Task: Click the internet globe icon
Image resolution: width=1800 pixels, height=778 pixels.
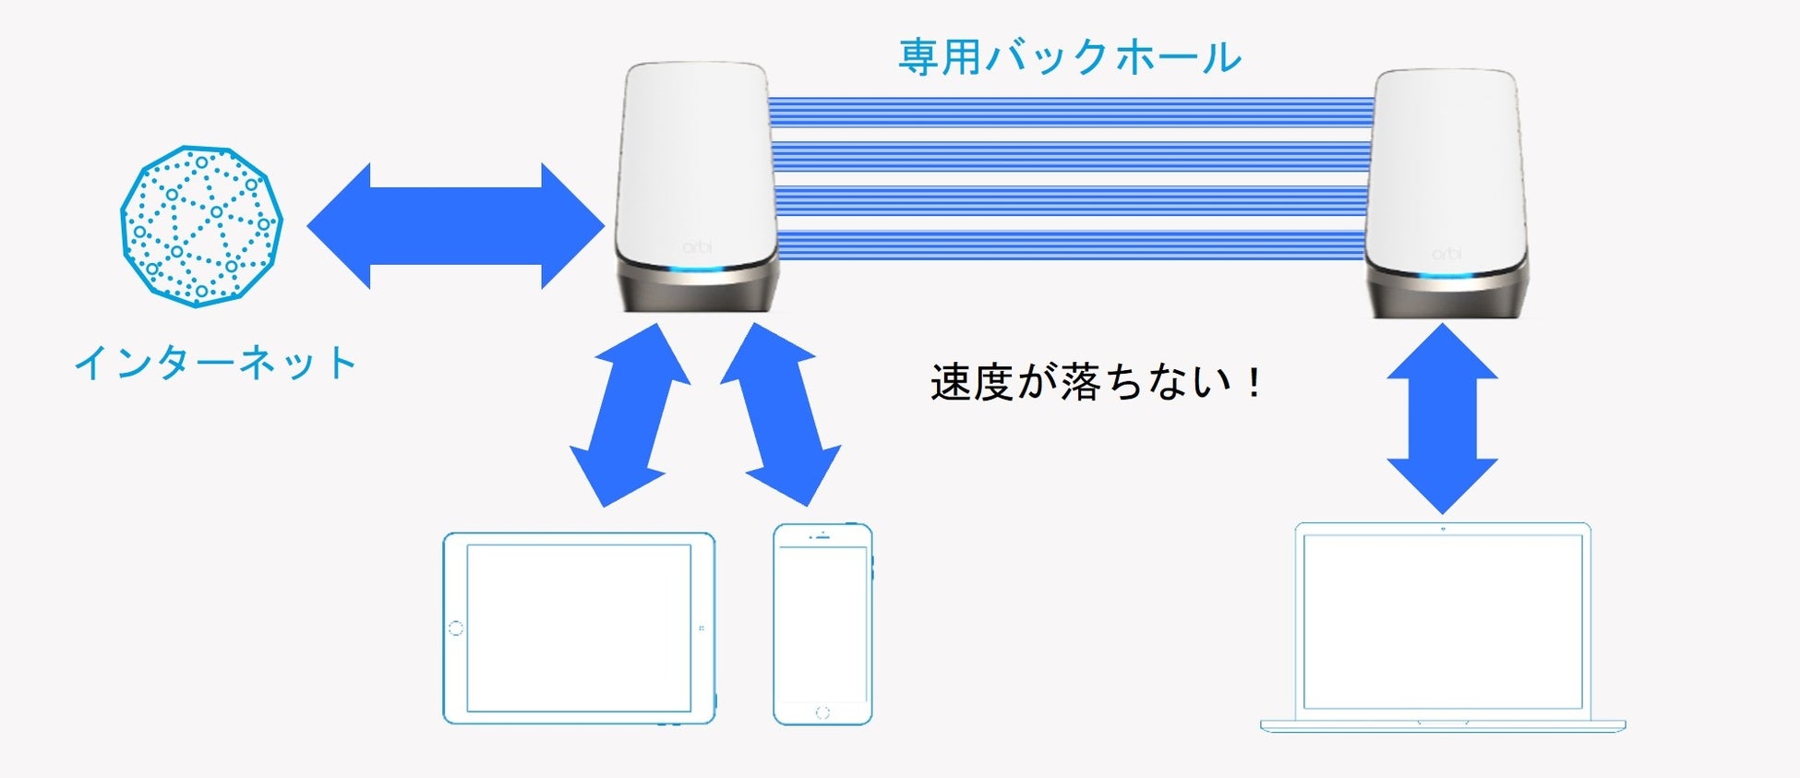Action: pyautogui.click(x=201, y=226)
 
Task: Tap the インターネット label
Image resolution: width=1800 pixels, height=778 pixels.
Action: pyautogui.click(x=215, y=363)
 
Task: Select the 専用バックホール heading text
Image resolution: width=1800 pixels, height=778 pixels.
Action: pyautogui.click(x=1070, y=57)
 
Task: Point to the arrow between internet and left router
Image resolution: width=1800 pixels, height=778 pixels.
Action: pyautogui.click(x=455, y=226)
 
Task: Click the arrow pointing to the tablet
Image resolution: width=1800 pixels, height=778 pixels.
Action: pyautogui.click(x=630, y=415)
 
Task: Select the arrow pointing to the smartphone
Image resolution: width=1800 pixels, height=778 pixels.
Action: pyautogui.click(x=780, y=415)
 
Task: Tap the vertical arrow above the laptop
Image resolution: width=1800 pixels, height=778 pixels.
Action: pyautogui.click(x=1442, y=418)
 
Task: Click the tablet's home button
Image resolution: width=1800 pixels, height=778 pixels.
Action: pyautogui.click(x=455, y=628)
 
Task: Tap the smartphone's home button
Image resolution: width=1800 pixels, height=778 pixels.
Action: pyautogui.click(x=822, y=712)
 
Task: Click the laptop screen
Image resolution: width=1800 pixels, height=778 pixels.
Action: pyautogui.click(x=1442, y=620)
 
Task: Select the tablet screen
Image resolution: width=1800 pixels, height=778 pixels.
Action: pyautogui.click(x=579, y=628)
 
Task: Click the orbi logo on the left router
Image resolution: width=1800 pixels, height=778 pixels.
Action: pyautogui.click(x=697, y=247)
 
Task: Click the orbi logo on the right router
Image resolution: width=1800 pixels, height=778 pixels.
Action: pyautogui.click(x=1446, y=253)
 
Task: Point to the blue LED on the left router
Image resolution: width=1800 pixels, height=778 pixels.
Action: pyautogui.click(x=698, y=270)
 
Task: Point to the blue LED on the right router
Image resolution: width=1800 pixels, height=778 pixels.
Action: pyautogui.click(x=1446, y=276)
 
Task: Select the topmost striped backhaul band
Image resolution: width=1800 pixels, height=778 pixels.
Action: pyautogui.click(x=1071, y=112)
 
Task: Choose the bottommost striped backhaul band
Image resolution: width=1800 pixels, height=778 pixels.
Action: pyautogui.click(x=1071, y=245)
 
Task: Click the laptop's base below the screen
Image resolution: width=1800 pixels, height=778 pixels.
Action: pyautogui.click(x=1442, y=724)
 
